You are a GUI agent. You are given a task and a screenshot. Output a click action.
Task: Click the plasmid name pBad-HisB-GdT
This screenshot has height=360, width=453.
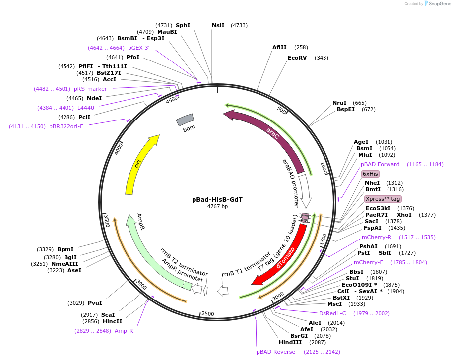point(217,200)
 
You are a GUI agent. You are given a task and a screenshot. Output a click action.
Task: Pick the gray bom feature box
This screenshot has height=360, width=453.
point(185,120)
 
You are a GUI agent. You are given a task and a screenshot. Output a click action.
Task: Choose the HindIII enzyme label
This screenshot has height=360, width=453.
point(290,342)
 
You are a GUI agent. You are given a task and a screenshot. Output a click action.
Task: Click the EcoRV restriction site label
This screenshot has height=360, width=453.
point(298,58)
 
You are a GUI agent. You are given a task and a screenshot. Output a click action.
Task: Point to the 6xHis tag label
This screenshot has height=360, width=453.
point(370,174)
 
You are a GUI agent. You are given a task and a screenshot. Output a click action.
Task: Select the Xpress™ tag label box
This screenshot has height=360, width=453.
point(383,199)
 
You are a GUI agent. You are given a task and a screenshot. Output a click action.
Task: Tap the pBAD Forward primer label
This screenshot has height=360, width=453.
point(380,164)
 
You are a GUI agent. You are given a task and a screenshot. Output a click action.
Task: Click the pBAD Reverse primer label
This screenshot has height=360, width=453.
point(276,352)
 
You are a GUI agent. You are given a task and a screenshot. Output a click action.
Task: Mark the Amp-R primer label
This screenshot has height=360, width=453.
point(124,331)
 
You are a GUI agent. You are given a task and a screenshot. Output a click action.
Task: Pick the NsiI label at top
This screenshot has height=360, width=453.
point(218,25)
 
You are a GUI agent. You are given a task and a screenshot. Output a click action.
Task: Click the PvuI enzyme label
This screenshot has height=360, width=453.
point(95,303)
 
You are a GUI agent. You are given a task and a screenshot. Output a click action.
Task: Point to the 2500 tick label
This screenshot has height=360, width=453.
point(207,314)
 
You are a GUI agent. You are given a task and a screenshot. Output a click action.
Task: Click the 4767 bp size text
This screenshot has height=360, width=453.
point(217,207)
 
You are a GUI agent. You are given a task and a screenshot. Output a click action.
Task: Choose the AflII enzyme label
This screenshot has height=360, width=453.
point(279,47)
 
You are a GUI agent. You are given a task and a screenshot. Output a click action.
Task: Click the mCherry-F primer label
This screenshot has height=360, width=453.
point(369,262)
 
